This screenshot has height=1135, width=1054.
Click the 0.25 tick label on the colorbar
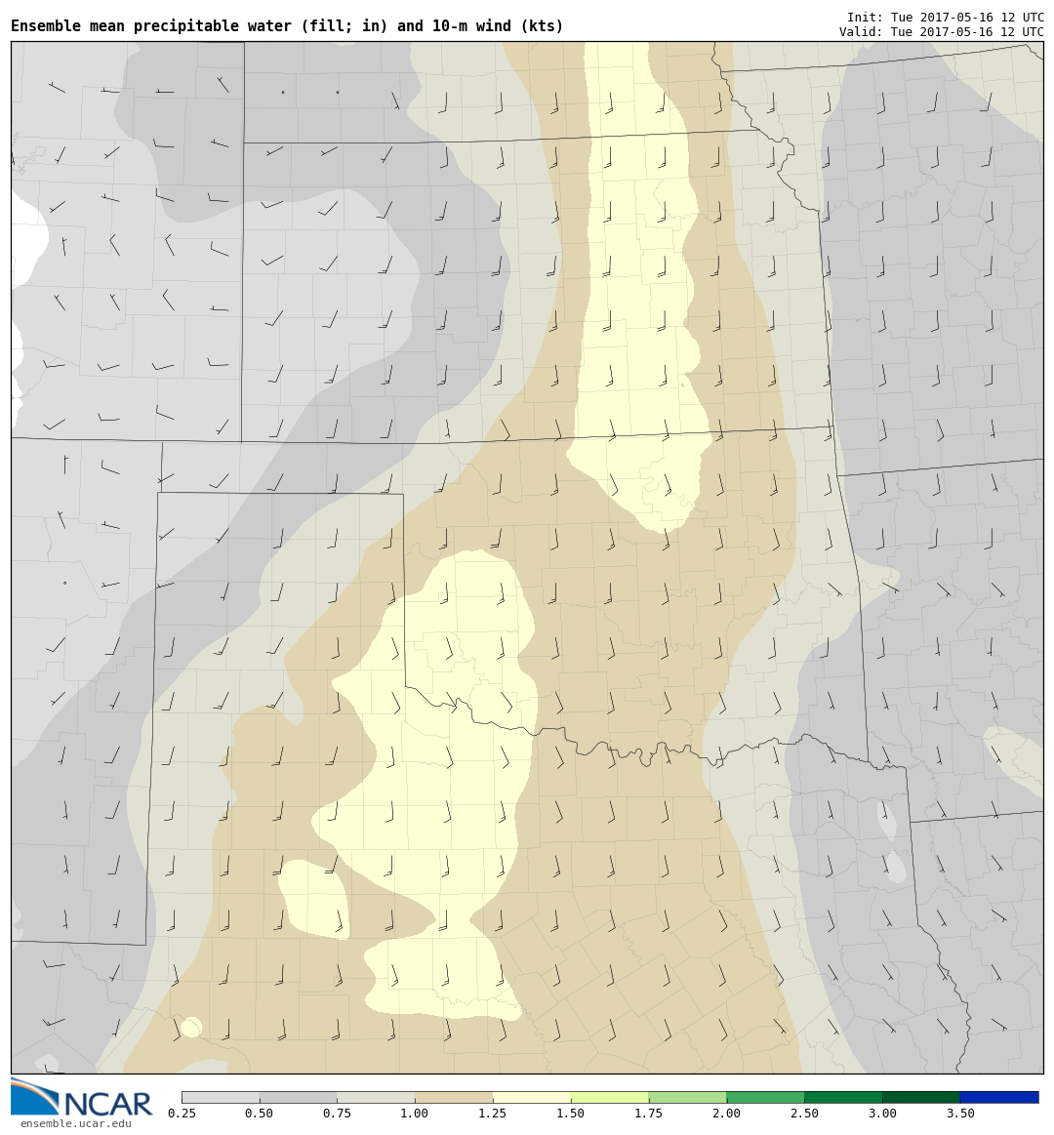(181, 1114)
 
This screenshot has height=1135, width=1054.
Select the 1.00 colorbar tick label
(415, 1114)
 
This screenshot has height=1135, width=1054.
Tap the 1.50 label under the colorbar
(570, 1114)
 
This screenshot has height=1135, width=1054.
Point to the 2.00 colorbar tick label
(726, 1114)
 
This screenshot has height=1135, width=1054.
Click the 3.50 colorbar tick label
(960, 1114)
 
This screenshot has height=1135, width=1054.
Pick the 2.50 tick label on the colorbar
(804, 1114)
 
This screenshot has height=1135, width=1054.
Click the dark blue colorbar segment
(999, 1097)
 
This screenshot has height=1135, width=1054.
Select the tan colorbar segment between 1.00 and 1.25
(454, 1097)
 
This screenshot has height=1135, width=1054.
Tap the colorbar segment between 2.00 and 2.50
(765, 1097)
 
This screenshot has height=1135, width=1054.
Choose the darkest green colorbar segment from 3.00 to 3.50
(921, 1097)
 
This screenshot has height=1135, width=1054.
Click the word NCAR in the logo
(107, 1104)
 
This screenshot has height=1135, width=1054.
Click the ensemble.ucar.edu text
(75, 1124)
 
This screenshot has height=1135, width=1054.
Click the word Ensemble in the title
(47, 26)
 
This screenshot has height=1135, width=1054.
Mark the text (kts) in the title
(544, 26)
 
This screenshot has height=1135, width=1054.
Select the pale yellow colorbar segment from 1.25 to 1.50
(531, 1097)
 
